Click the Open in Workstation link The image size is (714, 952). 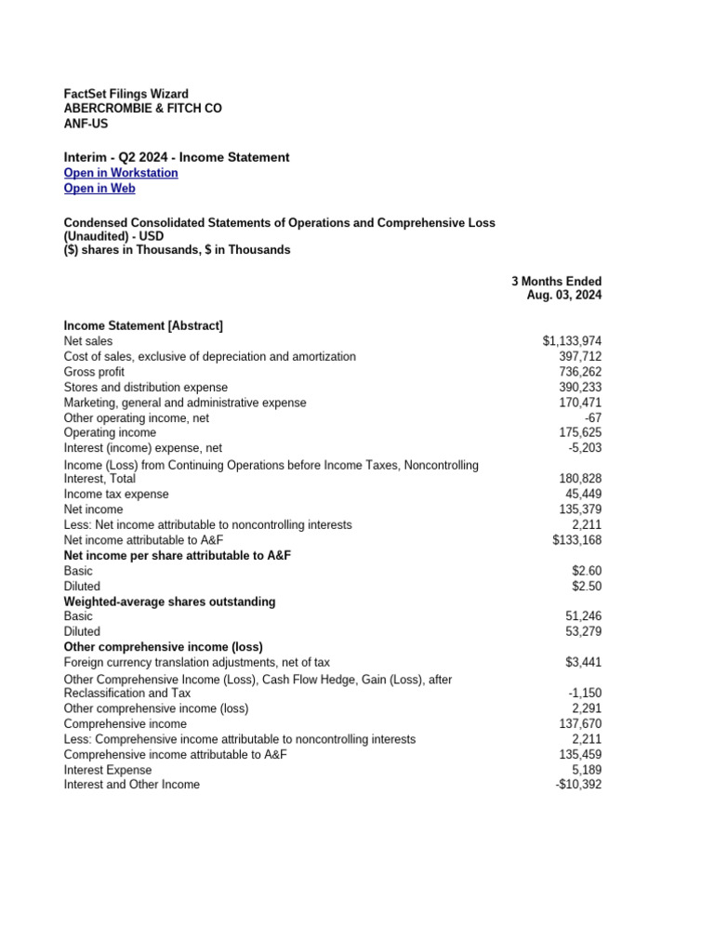121,173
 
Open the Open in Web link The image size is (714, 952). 99,189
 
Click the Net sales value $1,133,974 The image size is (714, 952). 572,342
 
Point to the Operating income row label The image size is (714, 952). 110,432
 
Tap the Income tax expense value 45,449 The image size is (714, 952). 583,495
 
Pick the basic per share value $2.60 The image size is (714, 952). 587,571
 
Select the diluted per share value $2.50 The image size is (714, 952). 587,587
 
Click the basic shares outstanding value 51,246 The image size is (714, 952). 583,616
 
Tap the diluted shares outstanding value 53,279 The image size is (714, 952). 583,632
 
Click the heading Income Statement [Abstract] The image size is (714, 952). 143,326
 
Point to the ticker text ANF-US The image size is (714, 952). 86,124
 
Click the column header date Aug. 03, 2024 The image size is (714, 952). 563,296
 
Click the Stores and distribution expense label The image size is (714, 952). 145,387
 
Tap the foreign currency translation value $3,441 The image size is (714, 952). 583,663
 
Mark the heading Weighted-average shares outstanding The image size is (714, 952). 169,602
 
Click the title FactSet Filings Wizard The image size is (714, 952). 126,94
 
